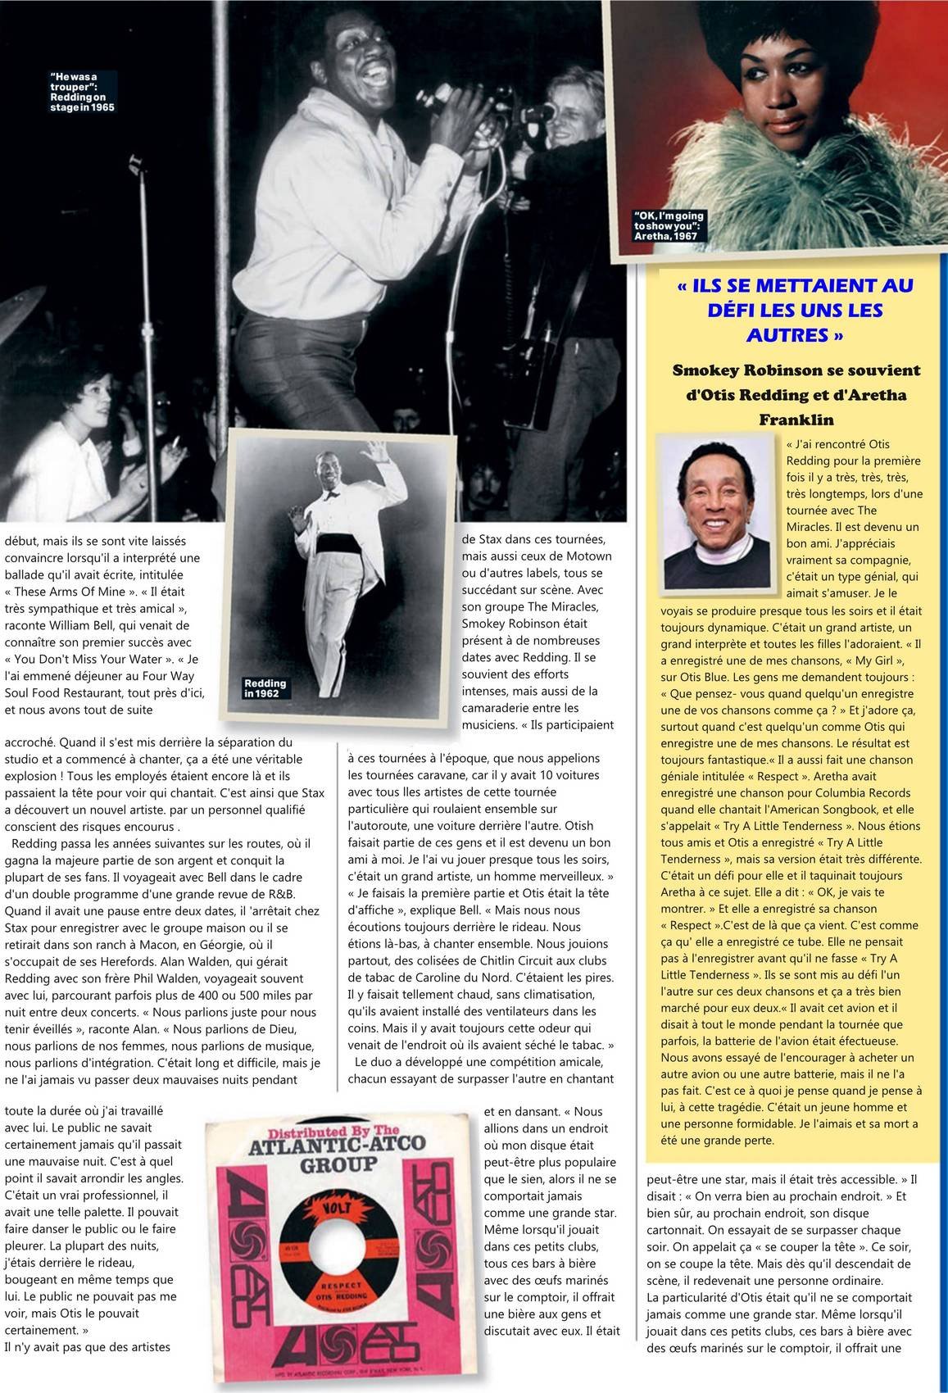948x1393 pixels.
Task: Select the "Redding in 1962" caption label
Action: point(265,688)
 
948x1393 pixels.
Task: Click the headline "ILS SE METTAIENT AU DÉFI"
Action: point(796,310)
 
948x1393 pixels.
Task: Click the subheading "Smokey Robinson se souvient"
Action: point(796,370)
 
